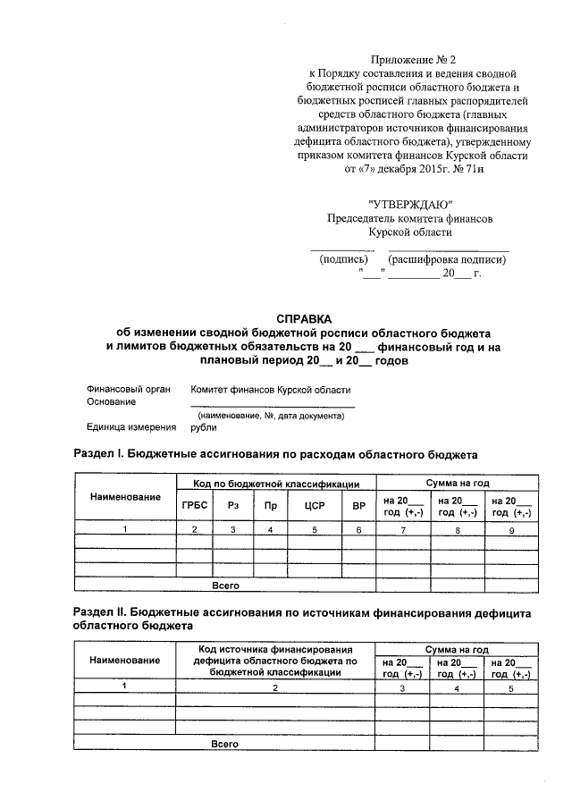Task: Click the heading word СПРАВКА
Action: (x=303, y=318)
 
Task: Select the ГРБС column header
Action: (x=194, y=505)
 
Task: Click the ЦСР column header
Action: (x=314, y=505)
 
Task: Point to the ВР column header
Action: (x=359, y=505)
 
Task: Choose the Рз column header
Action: (x=232, y=505)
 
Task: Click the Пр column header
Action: (x=270, y=505)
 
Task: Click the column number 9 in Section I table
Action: (x=510, y=530)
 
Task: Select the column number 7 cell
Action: (x=403, y=530)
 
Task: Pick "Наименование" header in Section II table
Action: (x=125, y=660)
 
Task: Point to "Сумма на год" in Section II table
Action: (x=457, y=647)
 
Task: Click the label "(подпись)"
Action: (x=342, y=260)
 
